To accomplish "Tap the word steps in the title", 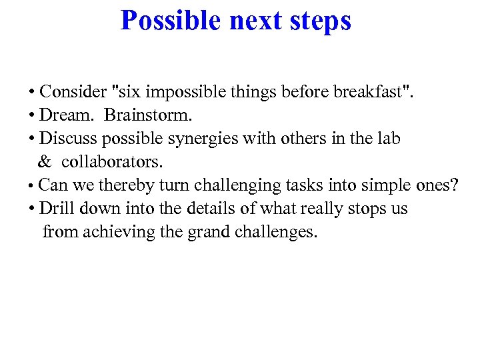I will [319, 21].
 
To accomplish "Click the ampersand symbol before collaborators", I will [45, 162].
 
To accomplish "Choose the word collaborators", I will [112, 162].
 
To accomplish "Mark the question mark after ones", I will [455, 185].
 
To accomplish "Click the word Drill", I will [57, 209].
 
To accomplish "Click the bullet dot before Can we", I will [31, 186].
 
